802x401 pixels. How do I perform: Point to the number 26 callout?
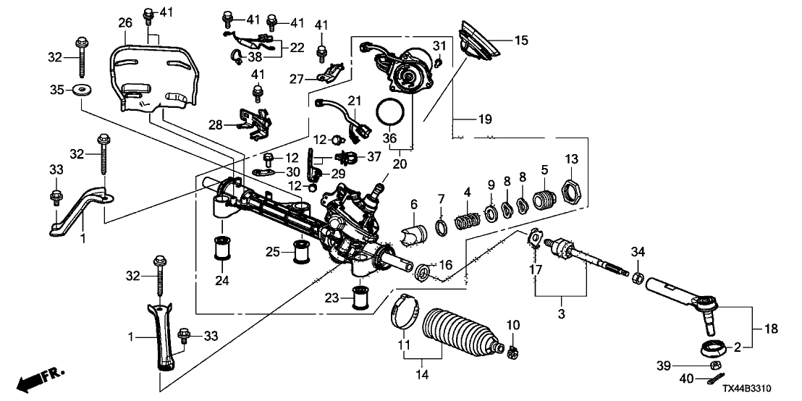126,22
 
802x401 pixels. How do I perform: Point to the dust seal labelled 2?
711,347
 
